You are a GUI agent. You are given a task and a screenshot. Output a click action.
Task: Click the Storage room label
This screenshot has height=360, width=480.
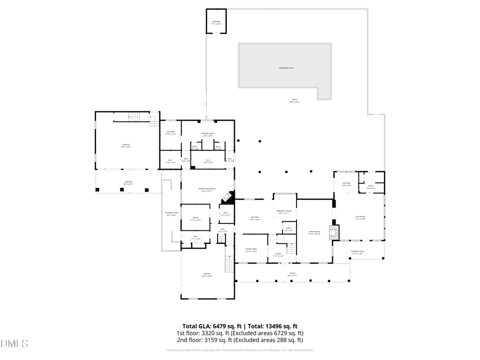216,22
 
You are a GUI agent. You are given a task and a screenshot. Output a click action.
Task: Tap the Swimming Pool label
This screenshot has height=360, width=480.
286,68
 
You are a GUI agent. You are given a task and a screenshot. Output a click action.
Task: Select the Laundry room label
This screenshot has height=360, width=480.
170,133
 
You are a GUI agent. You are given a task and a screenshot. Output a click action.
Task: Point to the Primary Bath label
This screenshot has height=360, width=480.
207,134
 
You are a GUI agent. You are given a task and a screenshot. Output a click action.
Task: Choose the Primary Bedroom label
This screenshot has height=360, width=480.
207,190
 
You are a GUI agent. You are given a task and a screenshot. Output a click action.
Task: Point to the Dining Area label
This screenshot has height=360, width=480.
251,250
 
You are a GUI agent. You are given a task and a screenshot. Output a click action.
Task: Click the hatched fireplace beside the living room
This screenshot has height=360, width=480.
334,233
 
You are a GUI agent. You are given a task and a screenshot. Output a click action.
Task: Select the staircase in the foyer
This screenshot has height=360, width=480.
291,248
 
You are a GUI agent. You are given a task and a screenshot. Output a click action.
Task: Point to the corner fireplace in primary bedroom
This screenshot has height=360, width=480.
228,197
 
